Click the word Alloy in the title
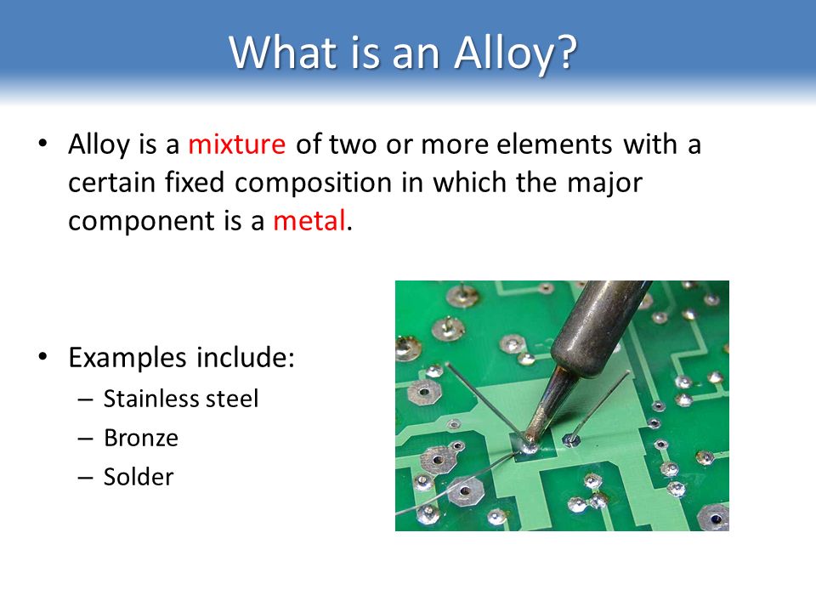501,54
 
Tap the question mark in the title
564,51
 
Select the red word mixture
237,144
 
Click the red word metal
309,221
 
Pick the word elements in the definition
555,144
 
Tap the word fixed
195,183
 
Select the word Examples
127,359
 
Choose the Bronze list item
141,439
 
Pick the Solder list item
139,477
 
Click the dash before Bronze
85,439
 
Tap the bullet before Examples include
42,356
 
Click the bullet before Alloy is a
42,142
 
